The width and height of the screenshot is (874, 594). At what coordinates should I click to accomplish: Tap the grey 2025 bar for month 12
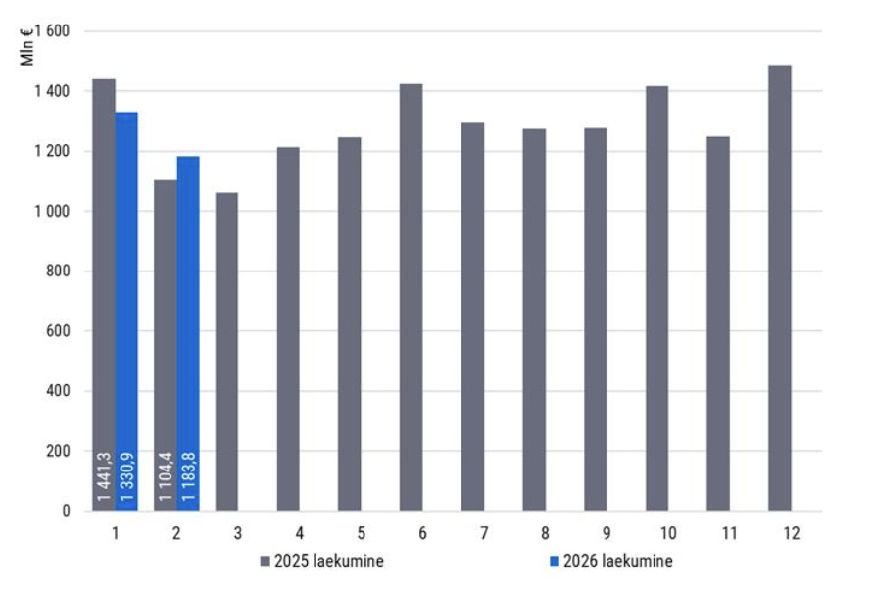click(780, 288)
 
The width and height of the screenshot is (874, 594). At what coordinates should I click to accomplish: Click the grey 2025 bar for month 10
click(656, 298)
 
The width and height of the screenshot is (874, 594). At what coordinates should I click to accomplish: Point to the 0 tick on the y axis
click(67, 511)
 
